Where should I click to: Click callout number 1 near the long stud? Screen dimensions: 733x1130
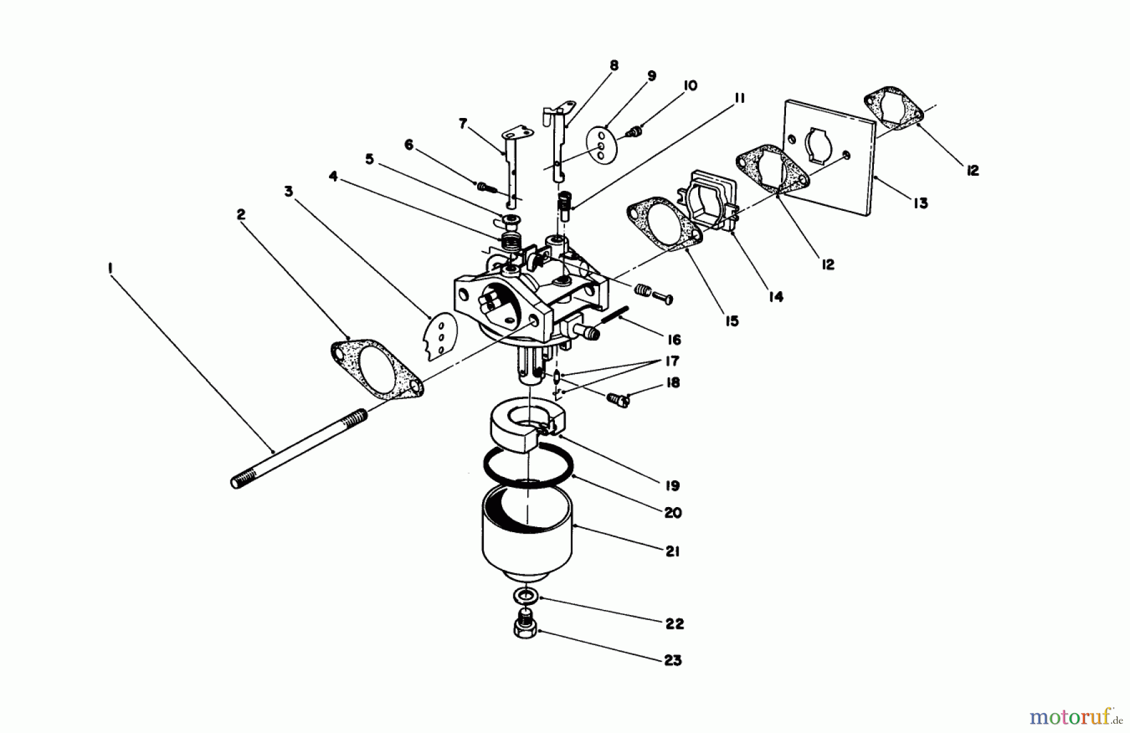[110, 269]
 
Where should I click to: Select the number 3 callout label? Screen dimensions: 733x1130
[288, 191]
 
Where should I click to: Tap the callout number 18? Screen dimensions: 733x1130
[672, 382]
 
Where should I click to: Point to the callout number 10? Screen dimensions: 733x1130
[689, 85]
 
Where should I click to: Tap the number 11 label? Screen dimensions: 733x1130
[738, 98]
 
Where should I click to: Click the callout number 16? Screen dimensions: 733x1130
[674, 340]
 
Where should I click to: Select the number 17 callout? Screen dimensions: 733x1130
[672, 361]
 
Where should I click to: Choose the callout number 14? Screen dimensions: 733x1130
[776, 296]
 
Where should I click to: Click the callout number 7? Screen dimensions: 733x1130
[463, 124]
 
